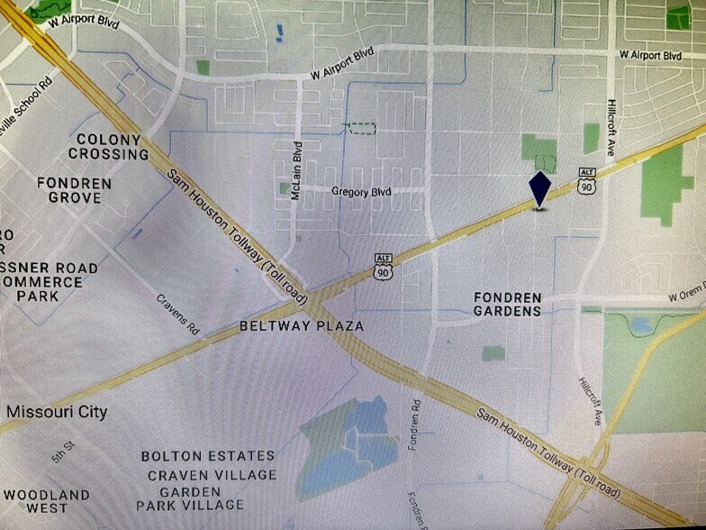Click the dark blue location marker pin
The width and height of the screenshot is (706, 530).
(x=539, y=188)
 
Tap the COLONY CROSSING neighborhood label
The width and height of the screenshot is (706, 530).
(x=109, y=147)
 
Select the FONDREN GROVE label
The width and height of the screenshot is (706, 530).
(x=75, y=190)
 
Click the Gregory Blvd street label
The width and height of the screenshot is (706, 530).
(x=361, y=191)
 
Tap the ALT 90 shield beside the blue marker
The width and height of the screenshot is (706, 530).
(x=587, y=180)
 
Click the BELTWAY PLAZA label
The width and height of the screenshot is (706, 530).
(x=302, y=325)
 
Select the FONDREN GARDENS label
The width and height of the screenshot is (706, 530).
(x=508, y=304)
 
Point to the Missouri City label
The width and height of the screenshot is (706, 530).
(x=57, y=412)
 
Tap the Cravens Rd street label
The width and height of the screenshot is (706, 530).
(x=177, y=313)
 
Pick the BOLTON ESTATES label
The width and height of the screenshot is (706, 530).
(x=207, y=456)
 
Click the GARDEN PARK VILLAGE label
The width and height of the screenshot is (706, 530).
(x=190, y=498)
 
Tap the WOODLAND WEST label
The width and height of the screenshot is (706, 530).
(x=46, y=501)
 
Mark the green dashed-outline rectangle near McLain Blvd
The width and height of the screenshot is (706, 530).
(x=361, y=128)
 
